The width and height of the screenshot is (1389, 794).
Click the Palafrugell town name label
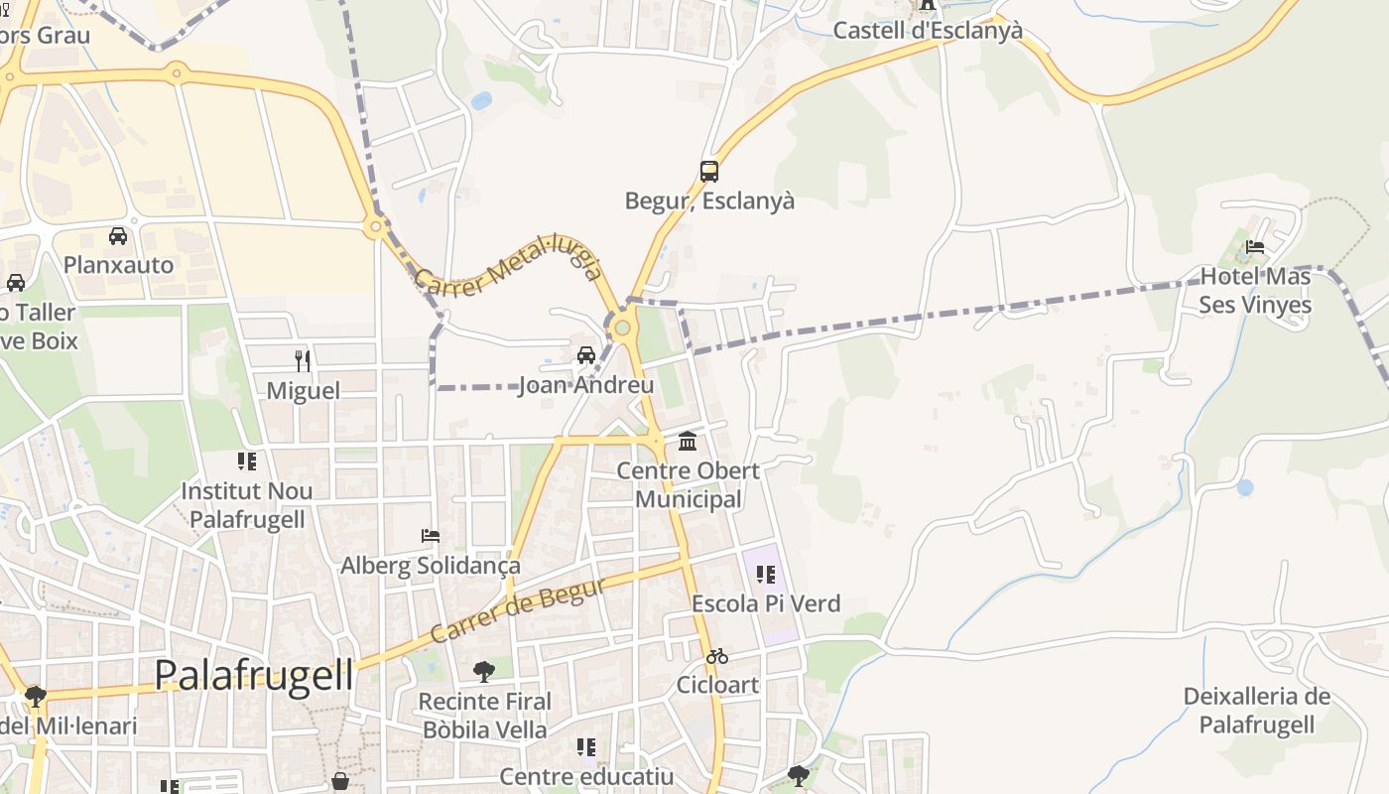pyautogui.click(x=254, y=676)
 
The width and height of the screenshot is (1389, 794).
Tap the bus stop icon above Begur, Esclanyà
pyautogui.click(x=708, y=171)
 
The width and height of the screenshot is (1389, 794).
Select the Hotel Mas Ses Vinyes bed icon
pyautogui.click(x=1255, y=246)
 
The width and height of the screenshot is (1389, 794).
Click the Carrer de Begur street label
pyautogui.click(x=518, y=608)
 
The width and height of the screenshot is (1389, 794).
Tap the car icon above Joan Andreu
pyautogui.click(x=586, y=355)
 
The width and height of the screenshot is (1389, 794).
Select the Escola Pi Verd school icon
pyautogui.click(x=765, y=574)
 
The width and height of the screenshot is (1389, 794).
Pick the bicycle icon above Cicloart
pyautogui.click(x=716, y=656)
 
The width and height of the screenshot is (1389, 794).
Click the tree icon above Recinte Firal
pyautogui.click(x=484, y=672)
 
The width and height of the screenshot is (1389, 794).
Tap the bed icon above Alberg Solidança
pyautogui.click(x=431, y=536)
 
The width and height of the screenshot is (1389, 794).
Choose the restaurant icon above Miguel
pyautogui.click(x=303, y=360)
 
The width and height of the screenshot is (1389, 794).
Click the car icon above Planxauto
pyautogui.click(x=118, y=236)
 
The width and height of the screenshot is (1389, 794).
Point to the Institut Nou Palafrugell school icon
pyautogui.click(x=246, y=461)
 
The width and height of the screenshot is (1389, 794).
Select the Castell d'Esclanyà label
pyautogui.click(x=927, y=31)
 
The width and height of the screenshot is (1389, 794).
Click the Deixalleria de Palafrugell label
pyautogui.click(x=1256, y=710)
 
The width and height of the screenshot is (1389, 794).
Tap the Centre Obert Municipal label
pyautogui.click(x=689, y=484)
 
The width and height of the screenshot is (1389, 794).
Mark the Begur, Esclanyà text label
pyautogui.click(x=709, y=200)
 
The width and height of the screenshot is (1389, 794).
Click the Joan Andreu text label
pyautogui.click(x=586, y=385)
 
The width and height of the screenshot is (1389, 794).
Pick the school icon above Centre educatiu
pyautogui.click(x=586, y=746)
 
